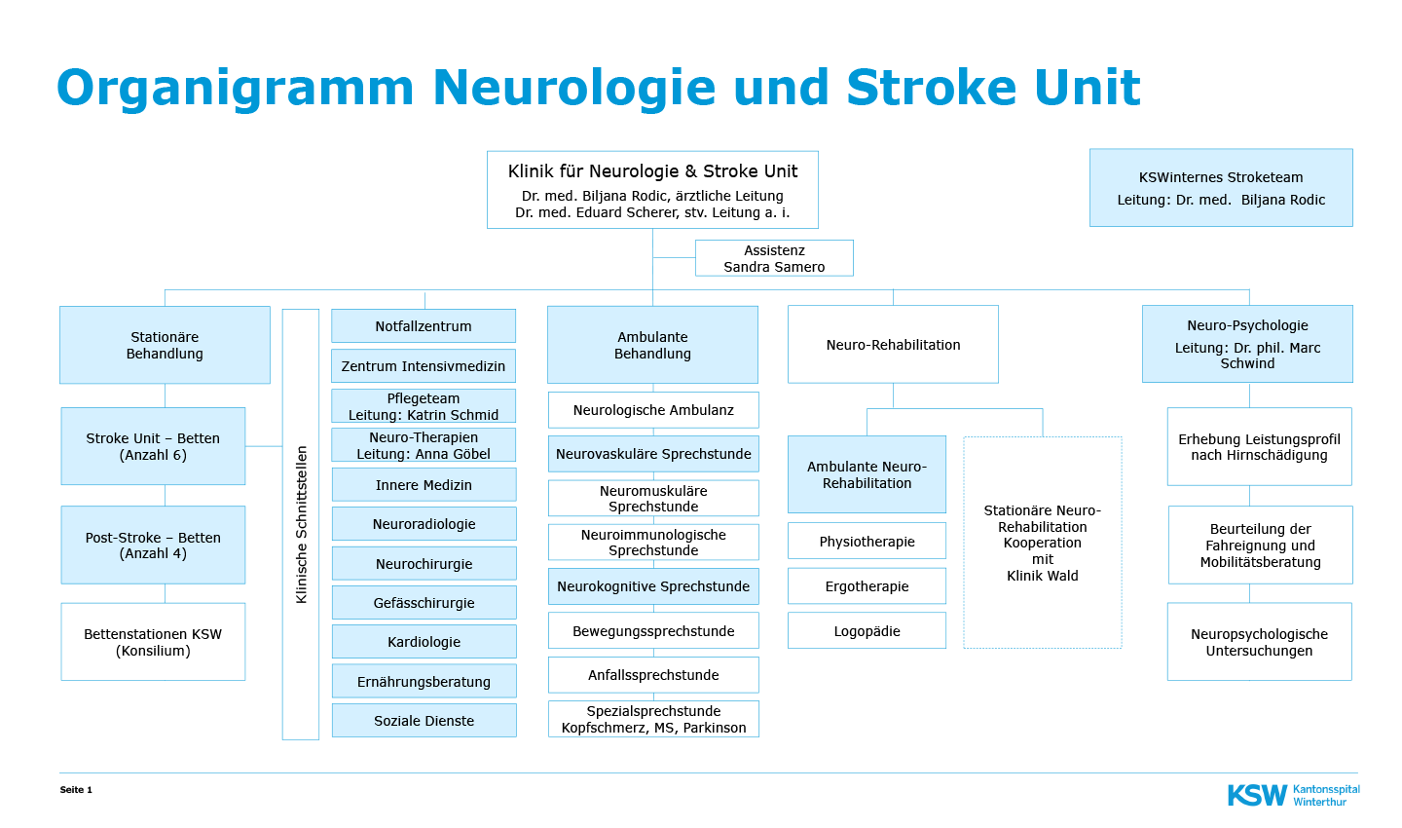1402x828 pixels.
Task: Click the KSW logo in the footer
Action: pyautogui.click(x=1293, y=796)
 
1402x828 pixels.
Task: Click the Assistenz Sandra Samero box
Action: pyautogui.click(x=774, y=258)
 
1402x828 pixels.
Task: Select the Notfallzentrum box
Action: pyautogui.click(x=424, y=325)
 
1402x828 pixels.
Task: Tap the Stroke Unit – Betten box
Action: pyautogui.click(x=154, y=446)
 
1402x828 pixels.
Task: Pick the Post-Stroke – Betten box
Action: pyautogui.click(x=154, y=545)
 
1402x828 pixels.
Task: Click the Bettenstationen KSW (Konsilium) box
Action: pyautogui.click(x=154, y=642)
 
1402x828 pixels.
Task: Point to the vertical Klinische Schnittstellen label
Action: pyautogui.click(x=301, y=525)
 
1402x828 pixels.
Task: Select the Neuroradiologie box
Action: pyautogui.click(x=424, y=524)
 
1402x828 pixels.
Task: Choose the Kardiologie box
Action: pyautogui.click(x=424, y=641)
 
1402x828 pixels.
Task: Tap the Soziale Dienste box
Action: pyautogui.click(x=424, y=720)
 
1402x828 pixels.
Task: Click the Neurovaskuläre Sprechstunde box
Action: pyautogui.click(x=653, y=454)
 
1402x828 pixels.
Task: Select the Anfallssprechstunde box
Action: pyautogui.click(x=653, y=675)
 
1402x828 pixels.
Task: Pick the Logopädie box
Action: pyautogui.click(x=867, y=630)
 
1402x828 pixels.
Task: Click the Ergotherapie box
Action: pyautogui.click(x=867, y=586)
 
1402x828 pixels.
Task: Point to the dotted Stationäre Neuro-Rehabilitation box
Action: pyautogui.click(x=1043, y=543)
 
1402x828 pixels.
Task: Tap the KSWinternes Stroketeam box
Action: pyautogui.click(x=1221, y=188)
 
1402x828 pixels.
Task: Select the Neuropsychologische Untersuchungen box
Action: pyautogui.click(x=1260, y=642)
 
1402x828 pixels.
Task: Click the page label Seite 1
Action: pyautogui.click(x=76, y=790)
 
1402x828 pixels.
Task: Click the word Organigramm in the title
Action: pyautogui.click(x=236, y=88)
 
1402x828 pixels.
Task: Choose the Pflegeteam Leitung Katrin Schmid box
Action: pyautogui.click(x=424, y=406)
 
